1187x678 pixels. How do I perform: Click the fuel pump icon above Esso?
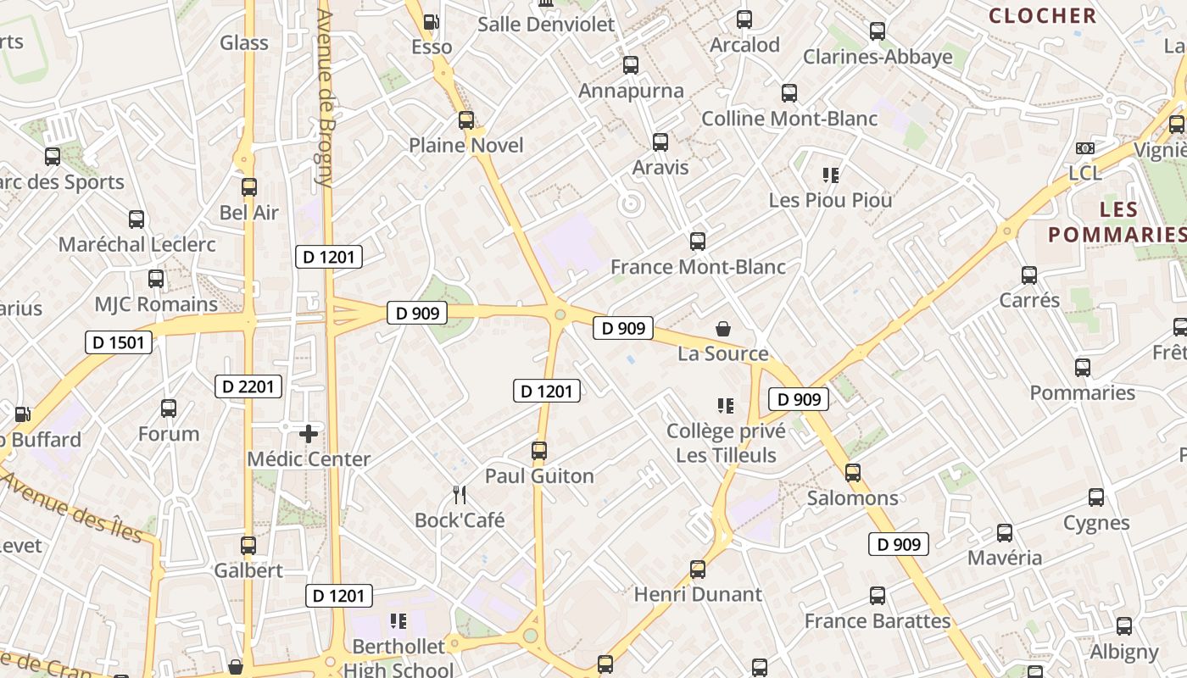point(432,22)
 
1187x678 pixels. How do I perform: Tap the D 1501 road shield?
point(120,342)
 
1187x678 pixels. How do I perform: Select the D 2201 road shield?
point(248,386)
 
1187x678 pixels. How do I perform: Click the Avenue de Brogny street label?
point(324,97)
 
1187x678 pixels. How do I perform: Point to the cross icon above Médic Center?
point(309,434)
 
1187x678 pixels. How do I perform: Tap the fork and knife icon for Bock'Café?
point(460,494)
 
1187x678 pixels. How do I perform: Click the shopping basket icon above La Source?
point(723,328)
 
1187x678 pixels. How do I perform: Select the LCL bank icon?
point(1084,148)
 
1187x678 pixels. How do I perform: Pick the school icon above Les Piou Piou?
point(830,175)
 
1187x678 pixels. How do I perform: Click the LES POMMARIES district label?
point(1116,221)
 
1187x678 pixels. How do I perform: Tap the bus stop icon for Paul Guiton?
point(539,450)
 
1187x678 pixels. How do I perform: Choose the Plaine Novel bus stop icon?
point(466,120)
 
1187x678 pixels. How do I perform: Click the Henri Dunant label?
point(698,594)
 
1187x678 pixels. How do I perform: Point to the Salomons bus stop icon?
point(853,473)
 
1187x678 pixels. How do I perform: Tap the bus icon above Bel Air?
point(249,187)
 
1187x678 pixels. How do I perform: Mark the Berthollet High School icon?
point(398,621)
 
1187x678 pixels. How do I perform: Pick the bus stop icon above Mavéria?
point(1005,533)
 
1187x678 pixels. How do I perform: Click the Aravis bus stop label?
point(660,167)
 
